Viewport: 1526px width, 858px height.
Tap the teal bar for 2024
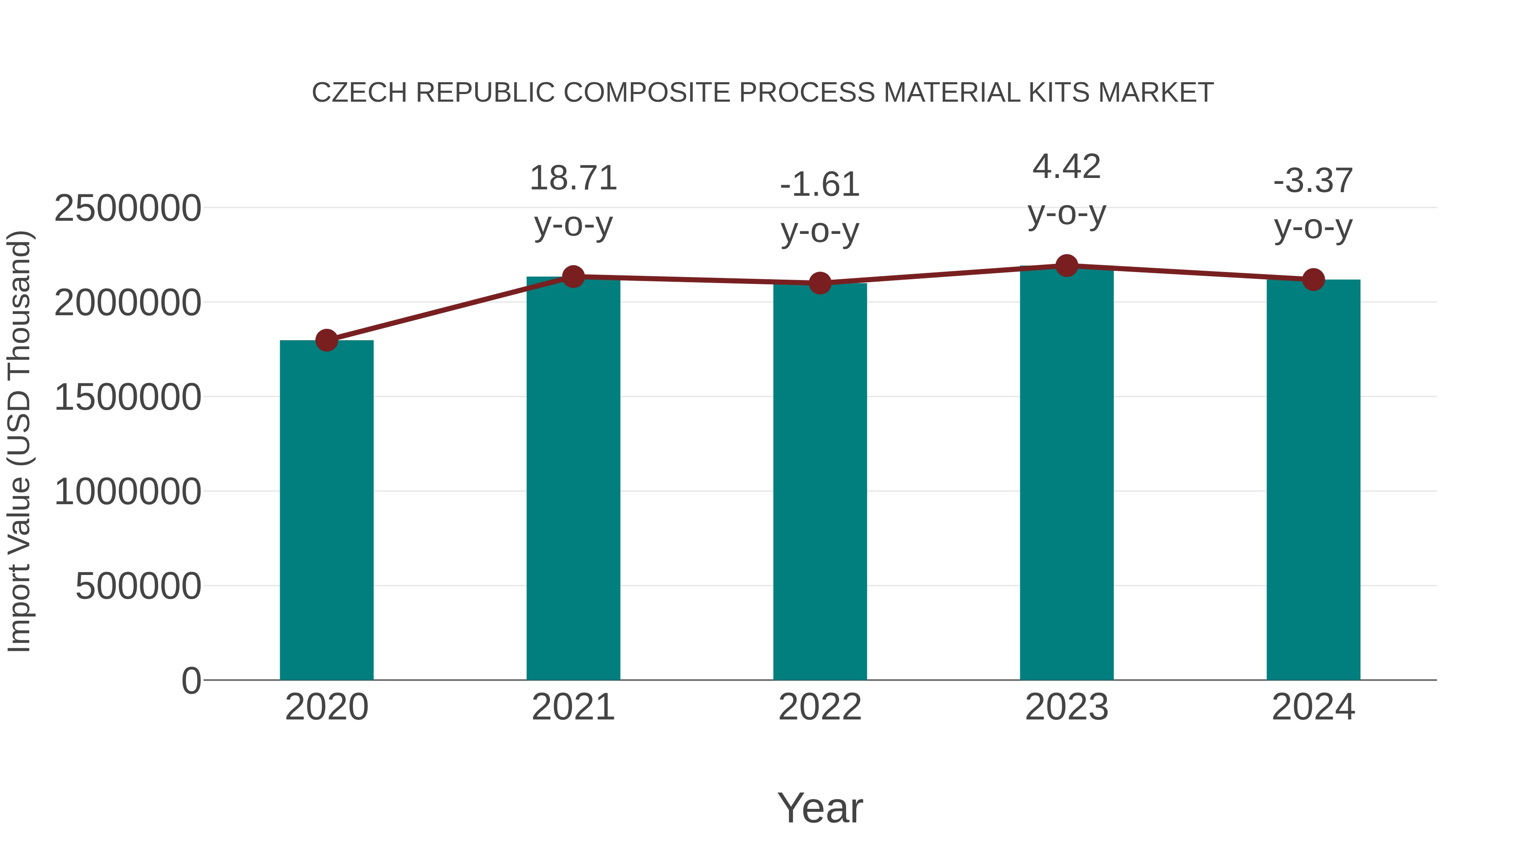(x=1313, y=480)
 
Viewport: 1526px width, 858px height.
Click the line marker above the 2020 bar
(x=326, y=341)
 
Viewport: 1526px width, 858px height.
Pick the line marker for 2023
(x=1067, y=266)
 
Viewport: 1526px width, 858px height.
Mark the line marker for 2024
(x=1313, y=280)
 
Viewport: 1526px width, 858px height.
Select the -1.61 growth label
(x=820, y=184)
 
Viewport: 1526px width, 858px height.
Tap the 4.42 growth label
(x=1067, y=167)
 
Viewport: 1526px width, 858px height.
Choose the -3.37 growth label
(x=1313, y=180)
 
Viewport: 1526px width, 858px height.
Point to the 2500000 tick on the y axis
(x=127, y=208)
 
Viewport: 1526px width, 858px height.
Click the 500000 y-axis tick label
(x=138, y=586)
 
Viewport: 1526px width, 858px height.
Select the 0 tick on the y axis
(x=191, y=681)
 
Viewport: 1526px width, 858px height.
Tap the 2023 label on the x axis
(x=1067, y=707)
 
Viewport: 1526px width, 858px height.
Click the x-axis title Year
(x=820, y=808)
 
